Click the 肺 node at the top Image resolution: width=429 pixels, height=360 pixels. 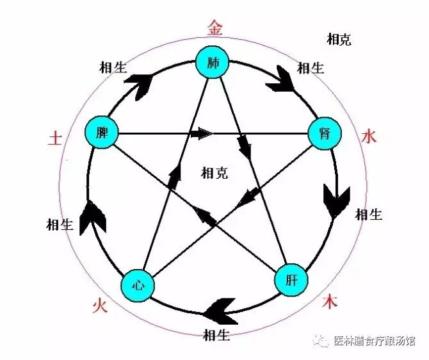(213, 63)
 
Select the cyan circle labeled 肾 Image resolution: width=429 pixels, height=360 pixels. (323, 134)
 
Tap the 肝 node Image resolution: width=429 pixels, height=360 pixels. (291, 280)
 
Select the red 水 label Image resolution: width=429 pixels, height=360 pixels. (369, 136)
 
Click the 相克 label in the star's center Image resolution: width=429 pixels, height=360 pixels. (214, 172)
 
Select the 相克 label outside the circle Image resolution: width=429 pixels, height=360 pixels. (338, 40)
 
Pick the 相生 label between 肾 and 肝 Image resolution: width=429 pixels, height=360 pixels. (369, 214)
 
